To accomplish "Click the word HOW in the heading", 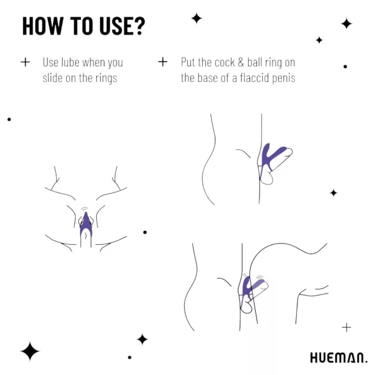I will click(43, 26).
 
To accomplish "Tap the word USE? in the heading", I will click(119, 26).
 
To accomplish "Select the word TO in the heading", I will click(79, 26).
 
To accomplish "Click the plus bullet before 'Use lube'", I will click(25, 62).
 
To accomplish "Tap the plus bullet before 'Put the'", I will click(163, 62).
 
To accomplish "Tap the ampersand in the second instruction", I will click(242, 63).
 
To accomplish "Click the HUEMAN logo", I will click(338, 358).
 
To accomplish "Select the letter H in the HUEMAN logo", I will click(314, 358).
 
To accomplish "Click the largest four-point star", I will click(29, 351).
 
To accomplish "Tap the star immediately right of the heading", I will click(197, 19).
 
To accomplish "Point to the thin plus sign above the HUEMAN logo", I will click(346, 328).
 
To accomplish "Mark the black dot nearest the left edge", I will click(9, 119).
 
